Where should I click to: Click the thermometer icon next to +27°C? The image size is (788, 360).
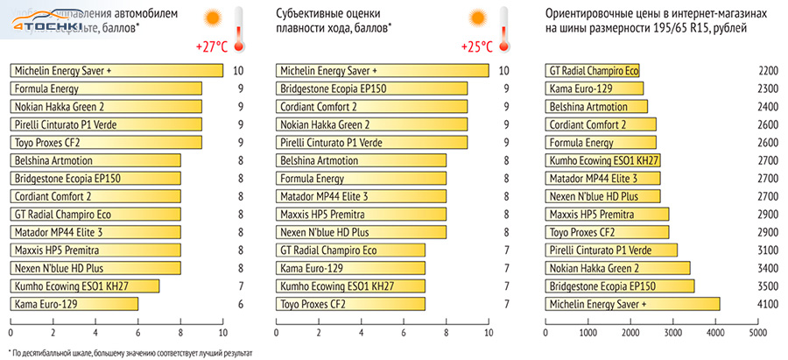235,25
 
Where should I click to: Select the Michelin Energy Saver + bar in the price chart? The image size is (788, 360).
631,304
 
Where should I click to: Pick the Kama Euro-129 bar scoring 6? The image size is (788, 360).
74,304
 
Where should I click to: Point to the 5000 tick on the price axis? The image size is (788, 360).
756,333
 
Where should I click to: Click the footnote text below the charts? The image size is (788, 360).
130,353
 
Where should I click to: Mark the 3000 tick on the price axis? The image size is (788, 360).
672,333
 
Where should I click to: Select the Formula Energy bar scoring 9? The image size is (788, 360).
106,88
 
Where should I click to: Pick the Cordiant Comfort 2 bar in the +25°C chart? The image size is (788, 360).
372,107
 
